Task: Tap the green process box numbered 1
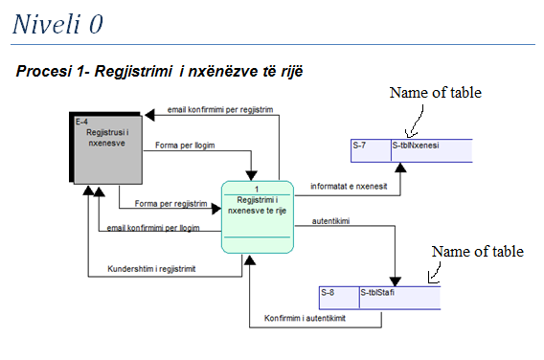click(x=256, y=216)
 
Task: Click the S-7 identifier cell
click(x=370, y=146)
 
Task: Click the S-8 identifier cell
click(x=338, y=292)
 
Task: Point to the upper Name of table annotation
click(x=435, y=93)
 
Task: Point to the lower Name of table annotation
click(x=477, y=252)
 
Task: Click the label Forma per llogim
click(x=185, y=146)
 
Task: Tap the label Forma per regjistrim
click(x=170, y=203)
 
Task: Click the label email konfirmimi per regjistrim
click(x=220, y=109)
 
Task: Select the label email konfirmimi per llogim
click(x=153, y=228)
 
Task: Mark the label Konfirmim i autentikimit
click(x=305, y=318)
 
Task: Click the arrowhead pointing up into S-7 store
click(x=400, y=169)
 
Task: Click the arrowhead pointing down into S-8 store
click(x=394, y=278)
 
